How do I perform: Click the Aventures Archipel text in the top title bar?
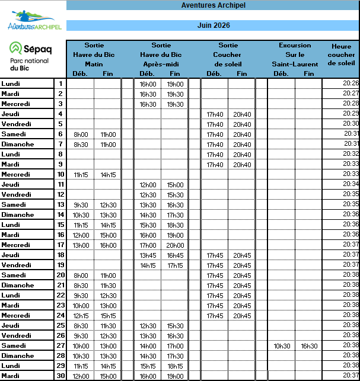click(x=213, y=5)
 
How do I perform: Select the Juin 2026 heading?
click(x=213, y=25)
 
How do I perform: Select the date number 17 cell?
click(x=60, y=245)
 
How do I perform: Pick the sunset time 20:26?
click(x=351, y=84)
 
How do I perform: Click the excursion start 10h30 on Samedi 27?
click(x=281, y=345)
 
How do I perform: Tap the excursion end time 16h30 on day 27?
click(x=308, y=345)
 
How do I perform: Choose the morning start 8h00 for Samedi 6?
click(x=80, y=134)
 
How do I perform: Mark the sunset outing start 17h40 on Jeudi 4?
click(x=214, y=114)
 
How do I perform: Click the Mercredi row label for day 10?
click(x=16, y=174)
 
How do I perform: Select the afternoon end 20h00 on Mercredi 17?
click(x=175, y=245)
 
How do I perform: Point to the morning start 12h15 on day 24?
click(x=80, y=315)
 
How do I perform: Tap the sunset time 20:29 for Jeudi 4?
click(x=351, y=113)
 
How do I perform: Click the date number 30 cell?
click(x=60, y=376)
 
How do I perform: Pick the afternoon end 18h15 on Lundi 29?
click(x=175, y=366)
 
